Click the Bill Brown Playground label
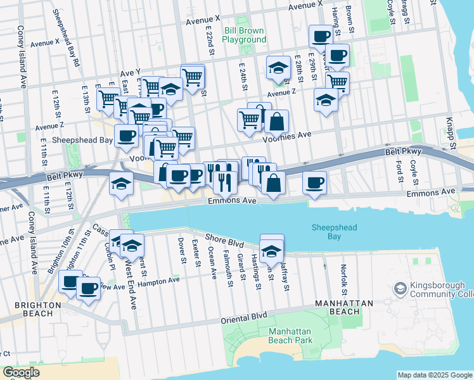pyautogui.click(x=245, y=35)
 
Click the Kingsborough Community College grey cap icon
pyautogui.click(x=400, y=289)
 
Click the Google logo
pyautogui.click(x=21, y=372)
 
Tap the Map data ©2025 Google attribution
pyautogui.click(x=434, y=375)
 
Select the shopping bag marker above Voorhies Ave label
pyautogui.click(x=276, y=122)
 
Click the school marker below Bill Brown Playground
pyautogui.click(x=278, y=68)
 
